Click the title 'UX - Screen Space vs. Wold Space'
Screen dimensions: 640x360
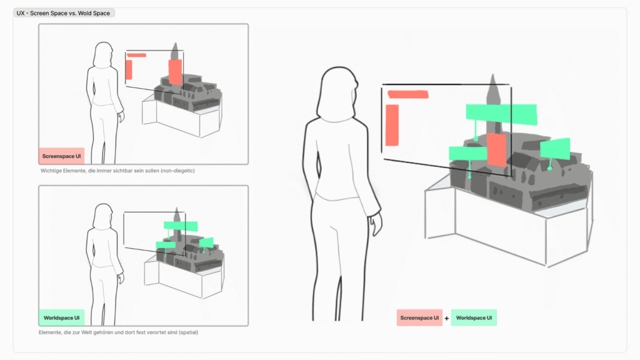pyautogui.click(x=63, y=13)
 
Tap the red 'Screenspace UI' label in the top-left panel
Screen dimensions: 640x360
pyautogui.click(x=62, y=156)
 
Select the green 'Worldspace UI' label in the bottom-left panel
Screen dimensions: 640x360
pyautogui.click(x=62, y=317)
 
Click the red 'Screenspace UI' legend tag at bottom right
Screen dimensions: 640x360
pyautogui.click(x=419, y=317)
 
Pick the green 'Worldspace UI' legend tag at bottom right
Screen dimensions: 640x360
pyautogui.click(x=474, y=317)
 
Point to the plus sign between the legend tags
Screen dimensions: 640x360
pyautogui.click(x=446, y=318)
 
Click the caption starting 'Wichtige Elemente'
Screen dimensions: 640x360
pyautogui.click(x=117, y=171)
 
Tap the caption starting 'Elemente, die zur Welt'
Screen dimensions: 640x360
pyautogui.click(x=118, y=332)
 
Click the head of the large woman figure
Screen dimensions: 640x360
pyautogui.click(x=337, y=92)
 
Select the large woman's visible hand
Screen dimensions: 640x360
pyautogui.click(x=376, y=224)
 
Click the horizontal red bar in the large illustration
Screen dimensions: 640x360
pyautogui.click(x=407, y=94)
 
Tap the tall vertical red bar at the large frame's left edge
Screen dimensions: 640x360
pyautogui.click(x=392, y=125)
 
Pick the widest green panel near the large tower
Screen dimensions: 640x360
pyautogui.click(x=502, y=114)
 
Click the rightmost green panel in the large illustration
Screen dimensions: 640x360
pyautogui.click(x=555, y=149)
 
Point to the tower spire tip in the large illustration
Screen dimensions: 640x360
pyautogui.click(x=492, y=75)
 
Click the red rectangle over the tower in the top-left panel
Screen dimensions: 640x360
pyautogui.click(x=175, y=72)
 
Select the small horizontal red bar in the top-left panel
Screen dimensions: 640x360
pyautogui.click(x=136, y=55)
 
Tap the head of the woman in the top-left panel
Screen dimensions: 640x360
pyautogui.click(x=103, y=55)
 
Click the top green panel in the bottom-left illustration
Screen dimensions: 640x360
pyautogui.click(x=181, y=226)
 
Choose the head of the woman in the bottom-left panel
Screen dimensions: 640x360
pyautogui.click(x=103, y=216)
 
